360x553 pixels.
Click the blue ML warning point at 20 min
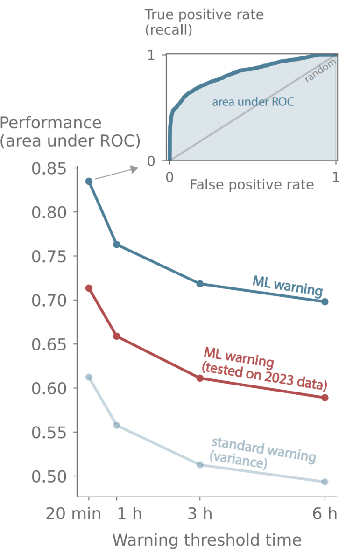[x=89, y=181]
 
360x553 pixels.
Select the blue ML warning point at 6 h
[x=325, y=302]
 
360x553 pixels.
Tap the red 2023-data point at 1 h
[x=117, y=336]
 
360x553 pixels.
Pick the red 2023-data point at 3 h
[x=200, y=378]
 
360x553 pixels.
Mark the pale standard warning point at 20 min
[x=89, y=377]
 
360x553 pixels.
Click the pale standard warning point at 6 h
[x=325, y=482]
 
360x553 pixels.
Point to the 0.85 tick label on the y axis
[x=49, y=168]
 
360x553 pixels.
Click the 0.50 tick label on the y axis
[x=49, y=476]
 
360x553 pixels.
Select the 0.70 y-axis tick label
[x=49, y=301]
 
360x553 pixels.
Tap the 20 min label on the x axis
[x=73, y=514]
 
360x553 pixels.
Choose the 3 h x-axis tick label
[x=200, y=514]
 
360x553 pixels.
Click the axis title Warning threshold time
[x=206, y=540]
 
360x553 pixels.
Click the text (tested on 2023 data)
[x=264, y=377]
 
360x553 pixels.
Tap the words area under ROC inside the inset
[x=253, y=102]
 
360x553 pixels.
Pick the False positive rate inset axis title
[x=252, y=185]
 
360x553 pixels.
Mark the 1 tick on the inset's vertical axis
[x=151, y=55]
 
